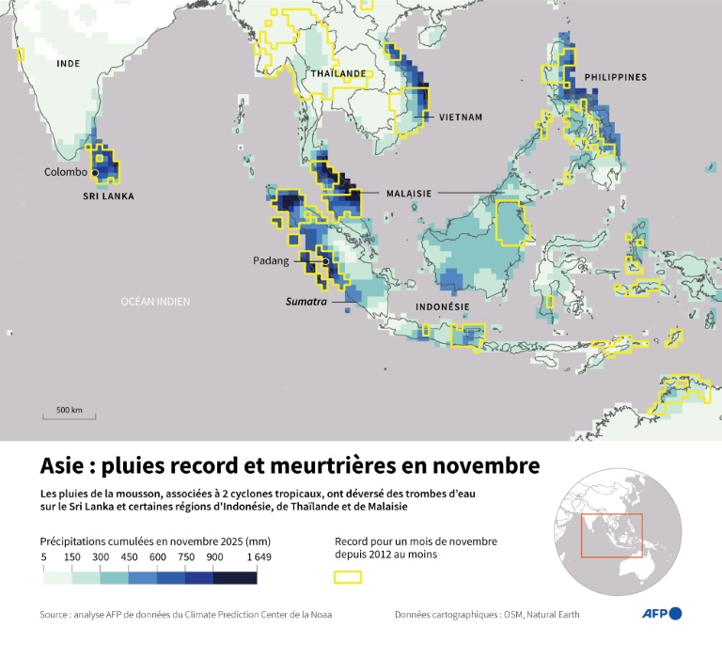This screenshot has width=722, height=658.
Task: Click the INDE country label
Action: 69,64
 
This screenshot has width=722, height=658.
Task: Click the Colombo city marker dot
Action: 95,173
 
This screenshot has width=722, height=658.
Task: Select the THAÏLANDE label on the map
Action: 337,73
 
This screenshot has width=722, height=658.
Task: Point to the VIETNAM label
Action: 460,117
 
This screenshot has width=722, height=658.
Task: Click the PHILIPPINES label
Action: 615,76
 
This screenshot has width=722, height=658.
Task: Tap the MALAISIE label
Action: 408,193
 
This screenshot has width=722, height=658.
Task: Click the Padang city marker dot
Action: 325,261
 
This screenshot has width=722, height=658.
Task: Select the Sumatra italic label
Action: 306,304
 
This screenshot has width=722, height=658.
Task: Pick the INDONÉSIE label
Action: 442,307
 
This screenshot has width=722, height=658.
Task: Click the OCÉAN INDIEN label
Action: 155,301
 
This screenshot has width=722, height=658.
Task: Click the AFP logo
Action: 662,614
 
